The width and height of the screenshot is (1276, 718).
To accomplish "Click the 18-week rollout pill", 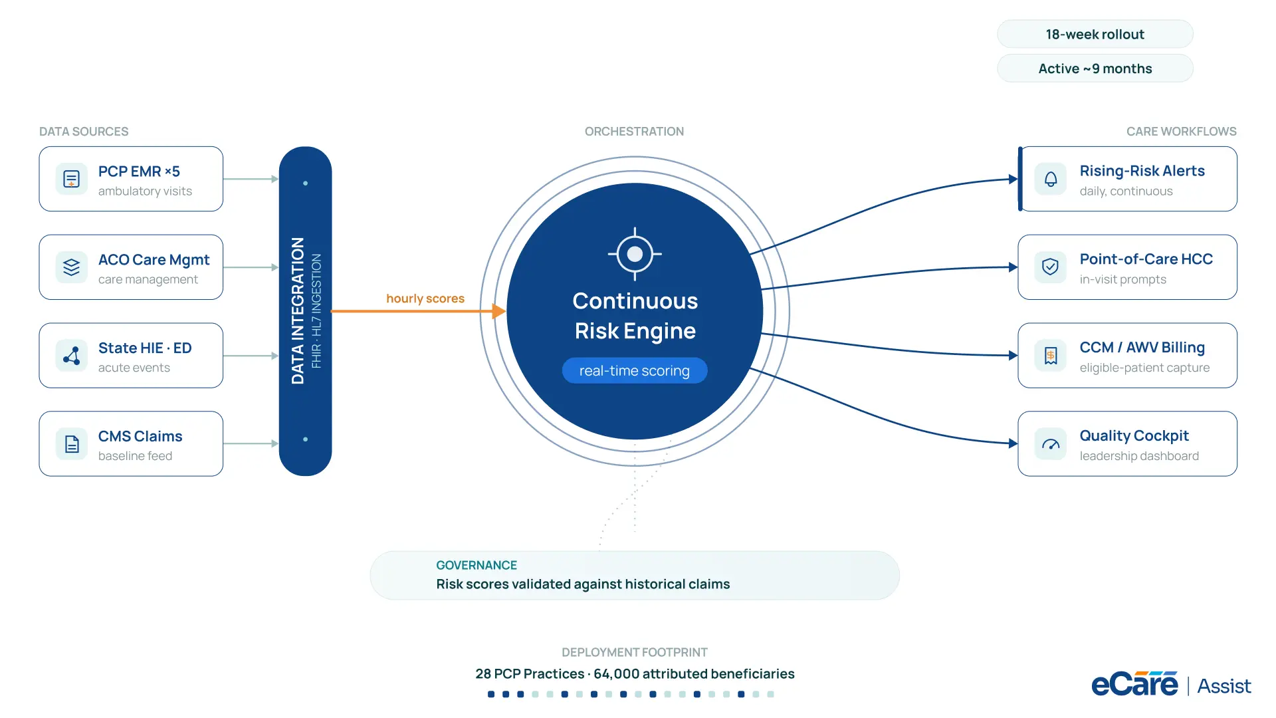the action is coord(1095,34).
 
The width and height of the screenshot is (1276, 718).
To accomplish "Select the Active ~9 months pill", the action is coord(1095,68).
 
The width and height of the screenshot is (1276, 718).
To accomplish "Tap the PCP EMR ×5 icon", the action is coord(71,179).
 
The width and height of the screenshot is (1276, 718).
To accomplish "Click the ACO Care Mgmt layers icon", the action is coord(71,267).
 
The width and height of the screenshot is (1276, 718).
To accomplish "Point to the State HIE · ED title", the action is coord(145,348).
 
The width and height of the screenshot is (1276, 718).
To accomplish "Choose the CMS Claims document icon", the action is coord(71,443).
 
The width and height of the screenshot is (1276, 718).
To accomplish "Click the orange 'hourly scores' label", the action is coord(425,299).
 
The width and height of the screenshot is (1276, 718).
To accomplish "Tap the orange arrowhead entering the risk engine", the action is coord(499,311).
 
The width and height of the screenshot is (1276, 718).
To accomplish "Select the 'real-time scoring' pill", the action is coord(635,370).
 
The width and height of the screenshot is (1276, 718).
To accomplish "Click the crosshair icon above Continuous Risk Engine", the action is coord(635,254).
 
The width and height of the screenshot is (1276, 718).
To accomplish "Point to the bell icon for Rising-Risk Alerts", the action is coord(1051,179).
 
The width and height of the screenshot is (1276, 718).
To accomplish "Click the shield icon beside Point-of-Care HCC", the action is coord(1051,267).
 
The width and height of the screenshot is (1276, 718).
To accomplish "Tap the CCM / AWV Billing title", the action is coord(1142,348).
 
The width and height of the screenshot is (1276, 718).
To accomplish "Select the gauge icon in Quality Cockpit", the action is coord(1051,444).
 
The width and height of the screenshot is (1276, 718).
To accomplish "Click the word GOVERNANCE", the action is coord(477,565).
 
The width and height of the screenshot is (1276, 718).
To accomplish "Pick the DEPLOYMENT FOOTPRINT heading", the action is coord(635,652).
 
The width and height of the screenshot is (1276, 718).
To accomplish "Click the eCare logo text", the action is coord(1135,684).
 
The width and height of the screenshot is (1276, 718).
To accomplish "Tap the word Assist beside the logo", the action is coord(1224,686).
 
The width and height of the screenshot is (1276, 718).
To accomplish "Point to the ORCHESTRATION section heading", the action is coord(634,132).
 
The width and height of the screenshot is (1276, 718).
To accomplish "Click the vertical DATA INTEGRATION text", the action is coord(298,311).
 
